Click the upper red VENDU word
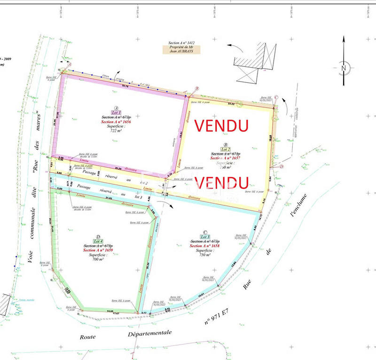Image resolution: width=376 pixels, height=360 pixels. point(221,125)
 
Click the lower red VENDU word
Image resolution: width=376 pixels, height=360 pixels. point(221,182)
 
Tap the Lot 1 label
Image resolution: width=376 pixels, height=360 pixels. point(116,113)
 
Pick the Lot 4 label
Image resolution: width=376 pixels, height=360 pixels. point(98,241)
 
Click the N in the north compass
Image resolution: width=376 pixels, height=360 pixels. point(344,68)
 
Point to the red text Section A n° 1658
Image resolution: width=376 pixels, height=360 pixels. point(203,246)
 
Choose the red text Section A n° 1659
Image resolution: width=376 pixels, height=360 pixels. point(97,250)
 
